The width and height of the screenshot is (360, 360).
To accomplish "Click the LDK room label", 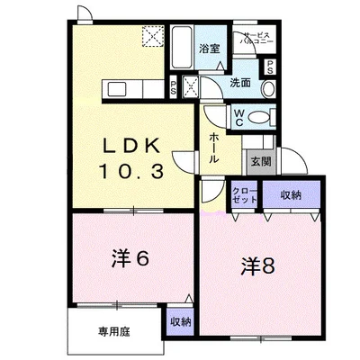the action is click(x=131, y=146).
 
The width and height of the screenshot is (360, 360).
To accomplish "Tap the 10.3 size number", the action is click(x=131, y=172).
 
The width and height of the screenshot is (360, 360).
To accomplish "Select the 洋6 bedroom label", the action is click(x=130, y=258).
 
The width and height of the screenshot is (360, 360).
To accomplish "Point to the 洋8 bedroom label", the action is click(x=258, y=266).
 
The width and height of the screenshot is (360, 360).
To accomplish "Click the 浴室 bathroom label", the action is click(x=210, y=49).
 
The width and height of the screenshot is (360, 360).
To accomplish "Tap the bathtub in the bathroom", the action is click(x=182, y=47).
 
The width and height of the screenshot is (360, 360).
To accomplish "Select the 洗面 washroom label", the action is click(x=240, y=83).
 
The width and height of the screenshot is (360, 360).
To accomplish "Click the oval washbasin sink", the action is click(x=268, y=89).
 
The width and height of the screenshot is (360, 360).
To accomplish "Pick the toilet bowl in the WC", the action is click(x=259, y=117).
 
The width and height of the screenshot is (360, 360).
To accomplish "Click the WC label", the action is click(x=239, y=118).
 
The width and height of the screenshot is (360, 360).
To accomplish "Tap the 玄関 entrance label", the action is click(x=261, y=162).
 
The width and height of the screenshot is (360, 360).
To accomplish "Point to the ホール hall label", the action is click(x=213, y=148).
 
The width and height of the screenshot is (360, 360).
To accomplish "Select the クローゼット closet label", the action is click(x=245, y=195).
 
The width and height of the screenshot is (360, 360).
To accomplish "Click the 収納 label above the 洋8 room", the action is click(x=291, y=195).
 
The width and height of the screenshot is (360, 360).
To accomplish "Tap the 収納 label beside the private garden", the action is click(x=181, y=322).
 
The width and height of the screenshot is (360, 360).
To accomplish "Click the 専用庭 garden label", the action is click(x=114, y=332).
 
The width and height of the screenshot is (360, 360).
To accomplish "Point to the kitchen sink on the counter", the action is click(x=117, y=89).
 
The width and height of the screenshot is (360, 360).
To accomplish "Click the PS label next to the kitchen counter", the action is click(x=173, y=89).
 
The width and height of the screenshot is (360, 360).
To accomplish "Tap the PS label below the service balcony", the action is click(x=270, y=67).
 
